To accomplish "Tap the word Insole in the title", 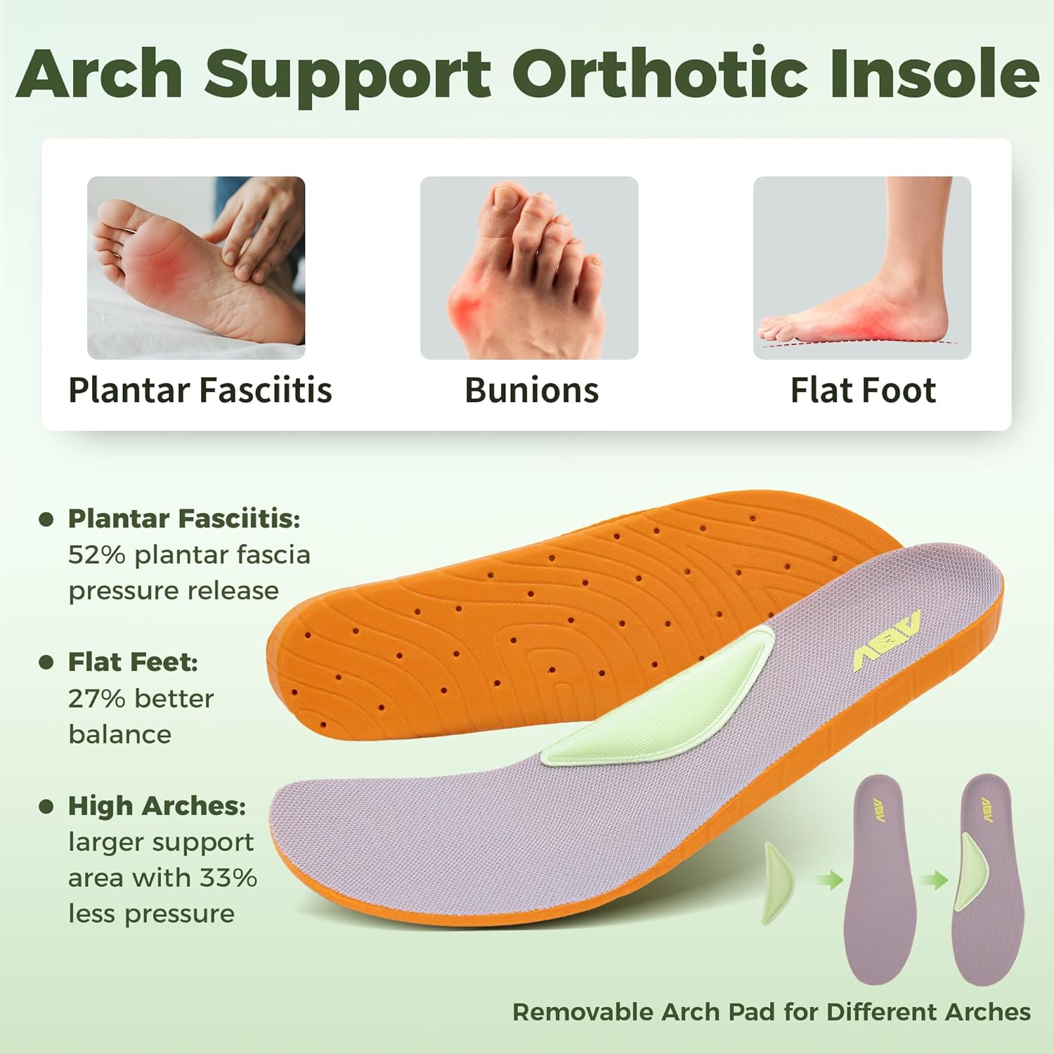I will click(934, 73).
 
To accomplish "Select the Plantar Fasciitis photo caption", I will click(200, 390).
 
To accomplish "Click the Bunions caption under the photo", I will click(531, 390).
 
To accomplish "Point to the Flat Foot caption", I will click(863, 390).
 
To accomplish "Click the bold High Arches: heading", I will click(157, 806).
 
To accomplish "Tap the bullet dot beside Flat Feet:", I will click(46, 662).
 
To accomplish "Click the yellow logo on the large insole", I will click(887, 640).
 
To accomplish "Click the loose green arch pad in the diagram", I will click(776, 883).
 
